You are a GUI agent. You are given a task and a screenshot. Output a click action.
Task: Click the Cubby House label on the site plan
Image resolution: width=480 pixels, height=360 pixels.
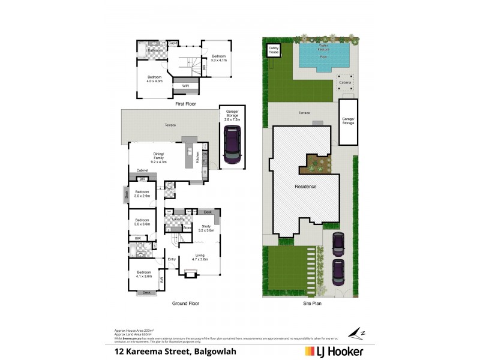pyautogui.click(x=274, y=50)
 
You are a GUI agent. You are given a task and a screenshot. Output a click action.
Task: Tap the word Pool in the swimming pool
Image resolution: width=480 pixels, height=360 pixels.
pyautogui.click(x=323, y=57)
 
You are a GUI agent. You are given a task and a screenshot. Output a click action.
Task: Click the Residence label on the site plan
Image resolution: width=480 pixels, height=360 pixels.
pyautogui.click(x=305, y=187)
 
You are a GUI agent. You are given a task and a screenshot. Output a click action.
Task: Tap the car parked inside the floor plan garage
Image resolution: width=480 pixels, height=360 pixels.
pyautogui.click(x=231, y=146)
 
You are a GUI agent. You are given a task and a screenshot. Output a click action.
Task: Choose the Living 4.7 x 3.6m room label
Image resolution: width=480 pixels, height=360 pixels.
pyautogui.click(x=200, y=257)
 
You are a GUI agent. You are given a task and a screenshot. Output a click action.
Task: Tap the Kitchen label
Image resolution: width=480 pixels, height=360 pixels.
pyautogui.click(x=197, y=157)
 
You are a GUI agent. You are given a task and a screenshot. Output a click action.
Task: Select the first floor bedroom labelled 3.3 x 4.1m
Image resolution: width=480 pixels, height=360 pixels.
pyautogui.click(x=218, y=58)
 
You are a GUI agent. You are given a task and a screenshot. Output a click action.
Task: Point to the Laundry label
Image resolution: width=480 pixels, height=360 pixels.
pyautogui.click(x=178, y=220)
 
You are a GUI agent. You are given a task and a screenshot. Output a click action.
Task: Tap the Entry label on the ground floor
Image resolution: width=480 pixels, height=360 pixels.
pyautogui.click(x=172, y=259)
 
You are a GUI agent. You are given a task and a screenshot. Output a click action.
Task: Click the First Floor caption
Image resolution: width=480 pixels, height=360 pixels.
pyautogui.click(x=187, y=103)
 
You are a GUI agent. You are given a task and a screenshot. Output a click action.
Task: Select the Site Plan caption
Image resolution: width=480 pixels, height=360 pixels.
pyautogui.click(x=311, y=304)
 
